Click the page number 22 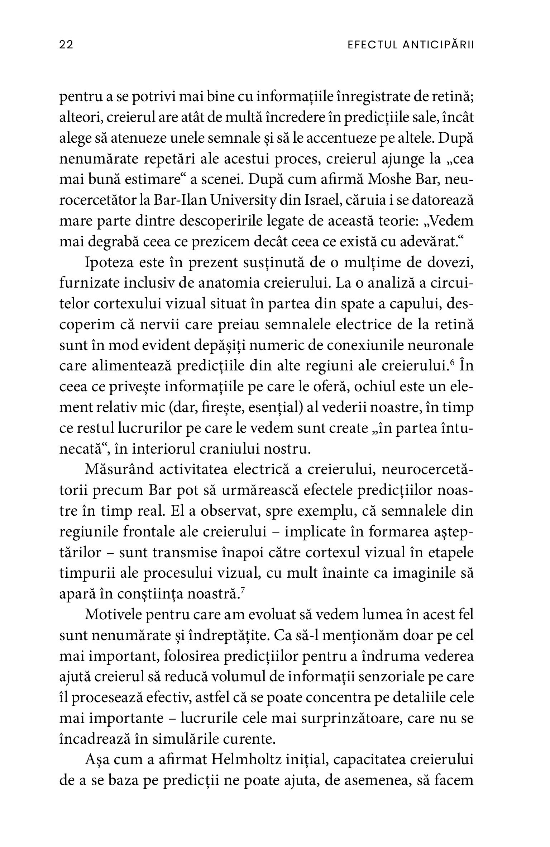tap(66, 45)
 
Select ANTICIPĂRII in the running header tap(438, 45)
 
